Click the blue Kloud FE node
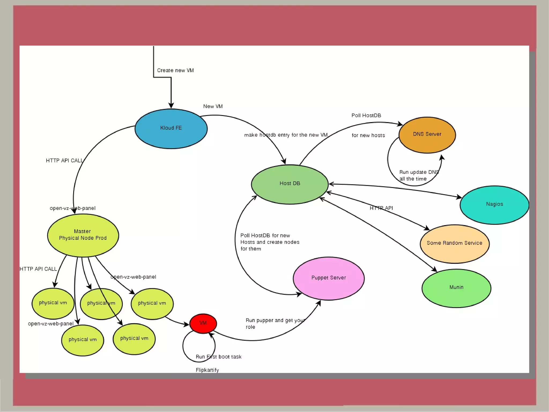coord(171,129)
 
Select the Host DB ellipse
coord(290,184)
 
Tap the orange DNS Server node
coord(427,135)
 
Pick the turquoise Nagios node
coord(494,205)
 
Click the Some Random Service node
coord(454,244)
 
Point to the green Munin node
coord(456,288)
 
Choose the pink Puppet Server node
coord(329,278)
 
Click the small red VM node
coord(203,323)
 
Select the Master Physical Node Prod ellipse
coord(83,235)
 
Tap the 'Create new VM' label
coord(175,70)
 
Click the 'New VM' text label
coord(213,106)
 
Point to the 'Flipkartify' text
coord(207,370)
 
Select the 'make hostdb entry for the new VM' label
coord(286,135)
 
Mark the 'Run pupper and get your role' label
coord(275,323)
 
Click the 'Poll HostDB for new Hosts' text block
coord(269,242)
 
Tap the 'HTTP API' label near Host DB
coord(381,208)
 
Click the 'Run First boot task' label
coord(218,357)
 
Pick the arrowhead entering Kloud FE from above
coord(171,105)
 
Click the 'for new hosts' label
coord(368,135)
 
